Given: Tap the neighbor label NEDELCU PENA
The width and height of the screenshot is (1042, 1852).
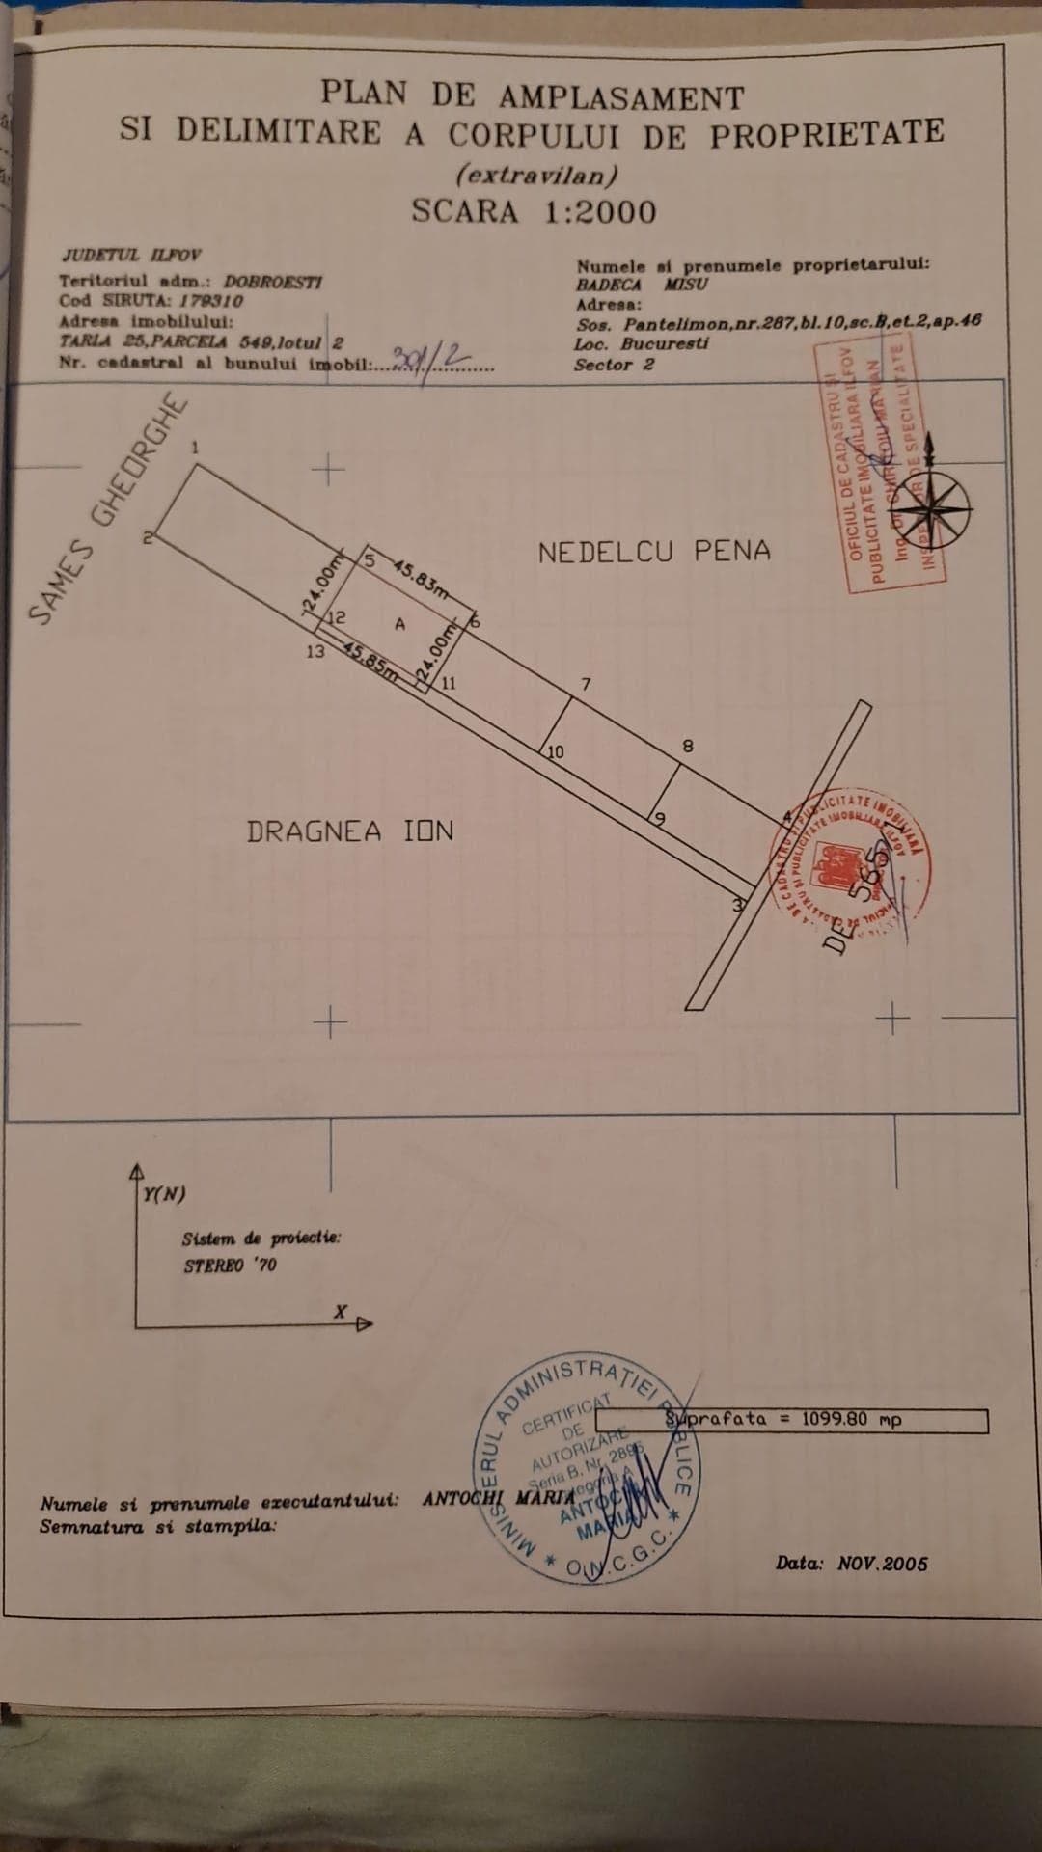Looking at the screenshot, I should point(654,553).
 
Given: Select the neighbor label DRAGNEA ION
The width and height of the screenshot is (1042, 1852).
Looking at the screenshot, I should point(350,831).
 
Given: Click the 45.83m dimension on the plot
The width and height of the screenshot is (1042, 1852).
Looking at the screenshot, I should point(420,579).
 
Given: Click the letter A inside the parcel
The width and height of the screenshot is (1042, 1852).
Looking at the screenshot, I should point(399,624).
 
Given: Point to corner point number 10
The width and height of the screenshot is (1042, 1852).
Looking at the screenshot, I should point(556,752).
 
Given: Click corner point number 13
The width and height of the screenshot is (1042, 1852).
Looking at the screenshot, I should point(315,651).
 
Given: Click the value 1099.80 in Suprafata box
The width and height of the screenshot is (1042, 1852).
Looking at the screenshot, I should point(835,1420).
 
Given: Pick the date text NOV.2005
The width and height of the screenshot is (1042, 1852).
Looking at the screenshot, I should point(882,1564).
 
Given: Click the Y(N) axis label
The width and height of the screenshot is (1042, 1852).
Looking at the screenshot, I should point(164,1194).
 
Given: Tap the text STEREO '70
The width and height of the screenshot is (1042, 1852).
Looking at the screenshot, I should point(230,1265).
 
